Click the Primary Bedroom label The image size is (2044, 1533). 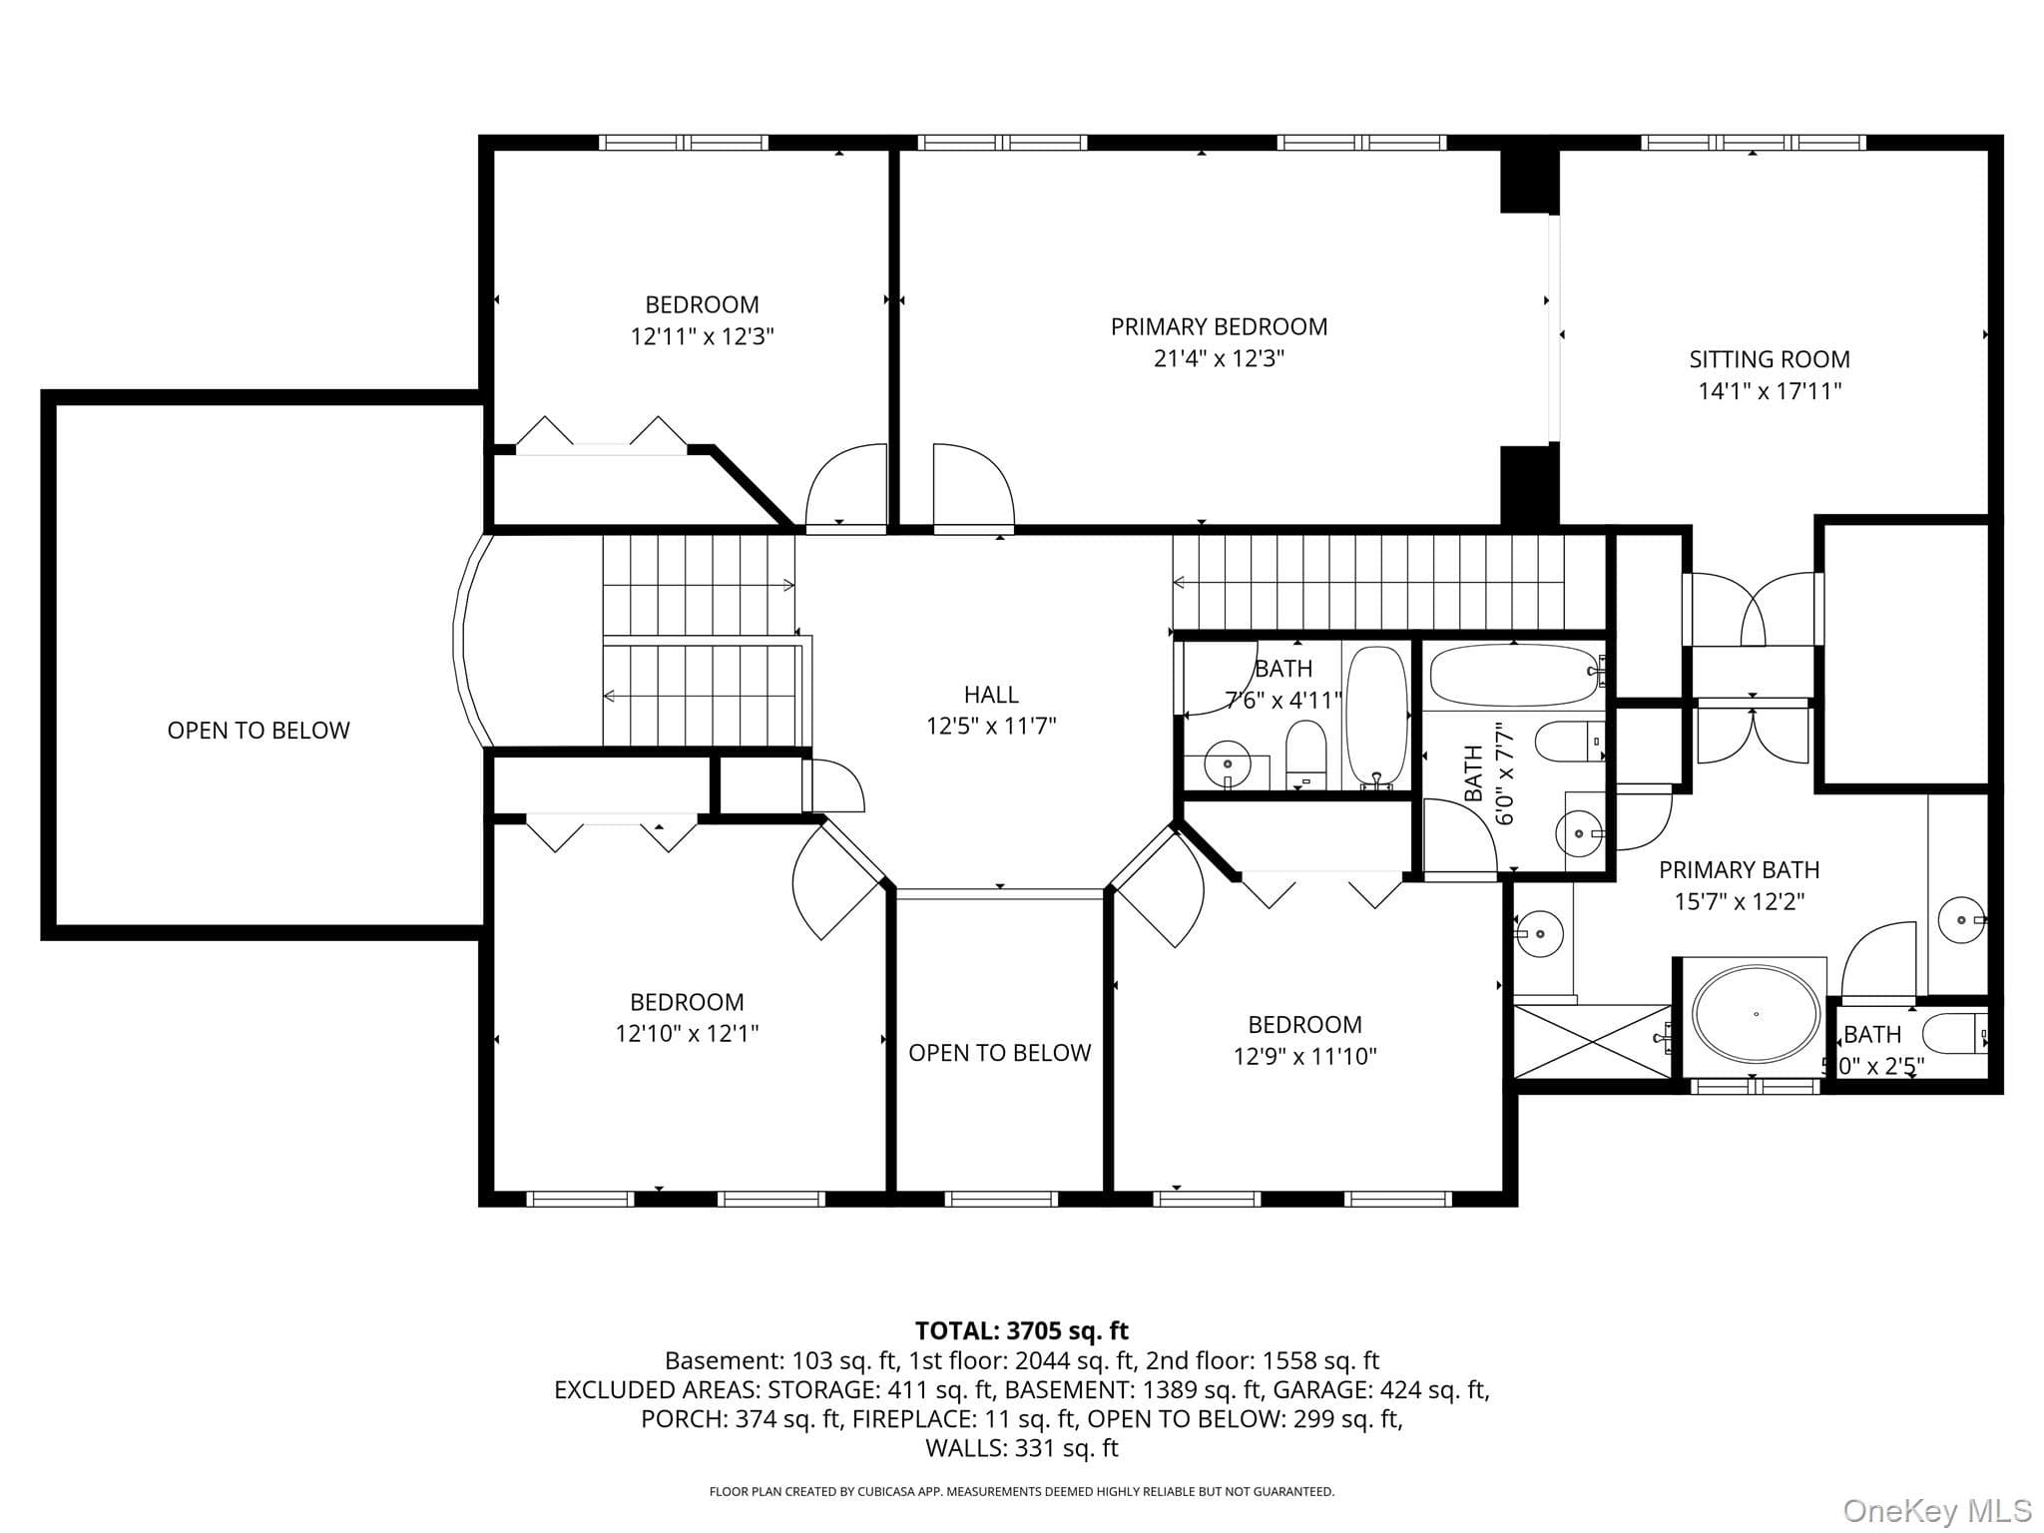[x=1219, y=326]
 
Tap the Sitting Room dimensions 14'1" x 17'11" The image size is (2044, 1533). [x=1770, y=391]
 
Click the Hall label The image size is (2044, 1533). [x=991, y=695]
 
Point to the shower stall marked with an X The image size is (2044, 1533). [x=1592, y=1041]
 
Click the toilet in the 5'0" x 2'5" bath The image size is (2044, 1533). [x=1956, y=1033]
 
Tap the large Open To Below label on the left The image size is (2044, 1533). [x=258, y=731]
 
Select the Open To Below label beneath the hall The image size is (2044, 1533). [x=999, y=1053]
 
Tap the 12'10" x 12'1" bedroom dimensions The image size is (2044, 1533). [x=687, y=1034]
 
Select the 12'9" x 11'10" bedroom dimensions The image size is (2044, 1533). [x=1304, y=1056]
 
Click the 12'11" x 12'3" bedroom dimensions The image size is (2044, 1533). [x=702, y=336]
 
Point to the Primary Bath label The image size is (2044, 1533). [x=1739, y=870]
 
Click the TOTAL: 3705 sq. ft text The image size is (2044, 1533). [x=1022, y=1330]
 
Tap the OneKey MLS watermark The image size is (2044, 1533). [x=1935, y=1511]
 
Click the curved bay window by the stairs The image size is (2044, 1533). [x=471, y=640]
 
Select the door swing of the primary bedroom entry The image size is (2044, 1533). [x=973, y=484]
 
